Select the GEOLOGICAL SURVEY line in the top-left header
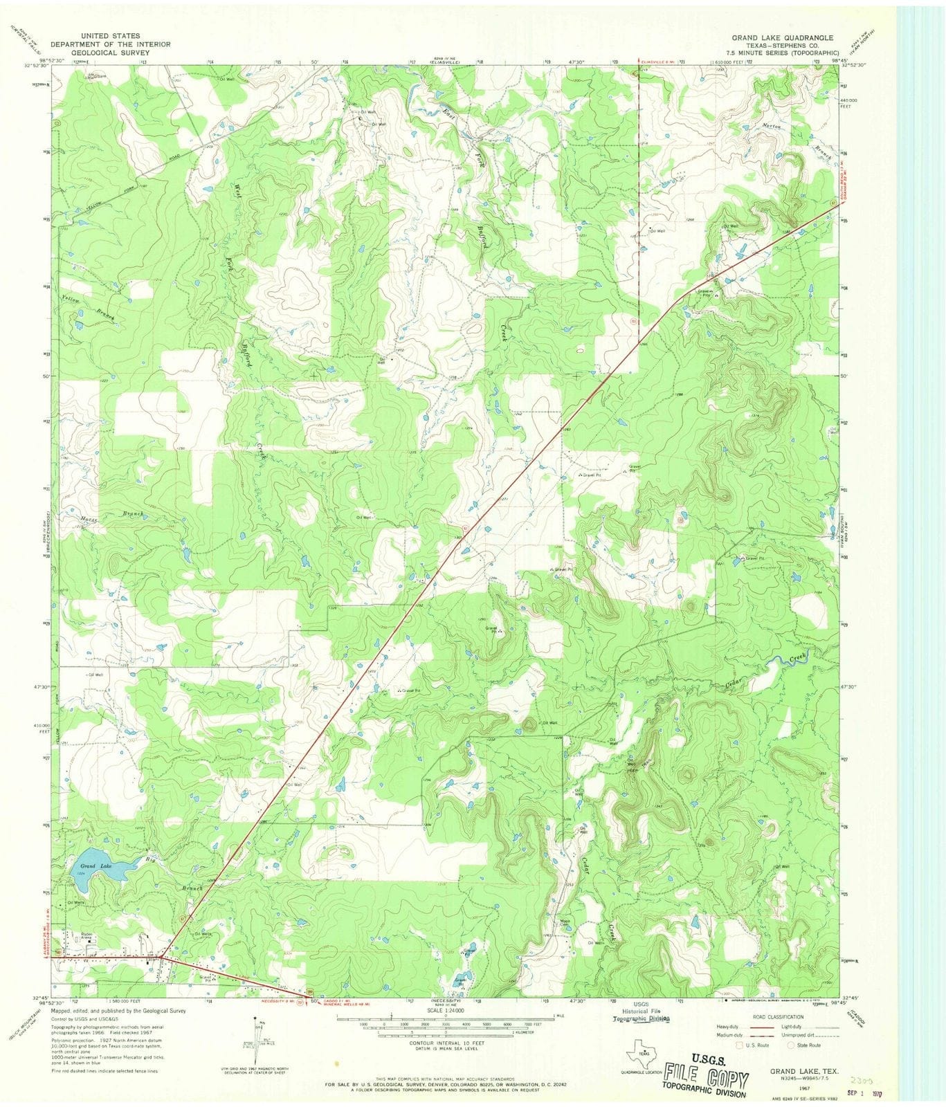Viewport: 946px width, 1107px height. click(x=110, y=52)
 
